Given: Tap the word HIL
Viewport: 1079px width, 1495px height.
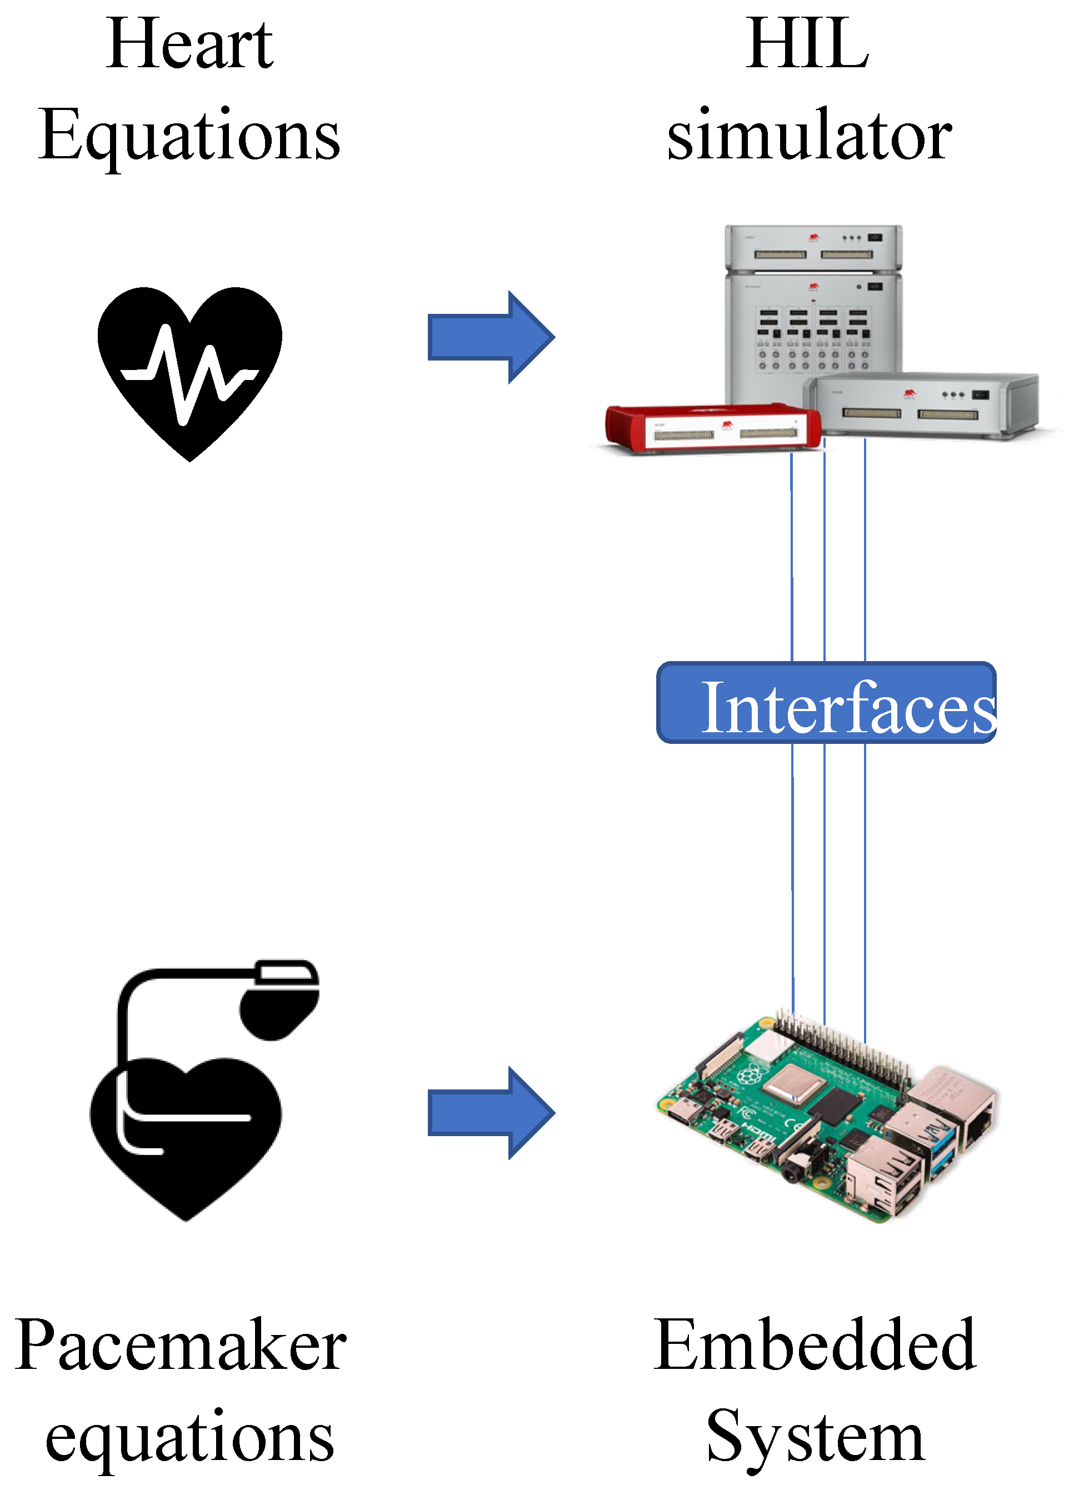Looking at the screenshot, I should click(807, 45).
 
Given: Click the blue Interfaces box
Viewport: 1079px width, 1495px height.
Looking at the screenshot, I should click(826, 703).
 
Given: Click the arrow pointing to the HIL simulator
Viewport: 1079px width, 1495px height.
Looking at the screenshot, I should click(491, 337).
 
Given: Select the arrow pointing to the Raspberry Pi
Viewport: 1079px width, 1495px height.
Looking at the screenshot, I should click(491, 1113).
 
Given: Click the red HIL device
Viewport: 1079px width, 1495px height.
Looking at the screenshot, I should click(712, 428).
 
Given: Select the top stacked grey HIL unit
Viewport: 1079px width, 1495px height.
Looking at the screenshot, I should click(813, 247).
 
